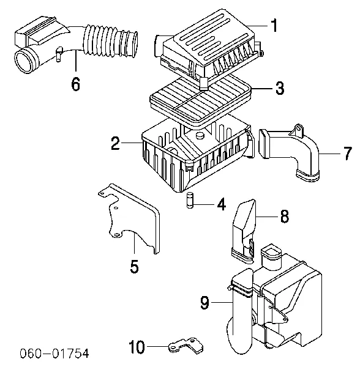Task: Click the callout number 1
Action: point(274,26)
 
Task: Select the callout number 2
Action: point(116,143)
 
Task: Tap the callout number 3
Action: point(280,88)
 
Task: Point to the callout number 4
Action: point(222,204)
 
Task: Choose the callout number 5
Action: point(135,266)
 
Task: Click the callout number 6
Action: point(76,84)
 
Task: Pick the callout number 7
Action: point(348,154)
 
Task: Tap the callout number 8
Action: point(285,216)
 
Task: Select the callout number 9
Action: point(205,303)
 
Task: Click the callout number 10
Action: point(137,346)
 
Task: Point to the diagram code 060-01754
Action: point(54,353)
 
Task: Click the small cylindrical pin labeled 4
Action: point(190,201)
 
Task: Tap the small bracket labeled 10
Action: point(186,345)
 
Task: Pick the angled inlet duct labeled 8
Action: point(244,232)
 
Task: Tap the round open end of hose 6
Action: point(24,60)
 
